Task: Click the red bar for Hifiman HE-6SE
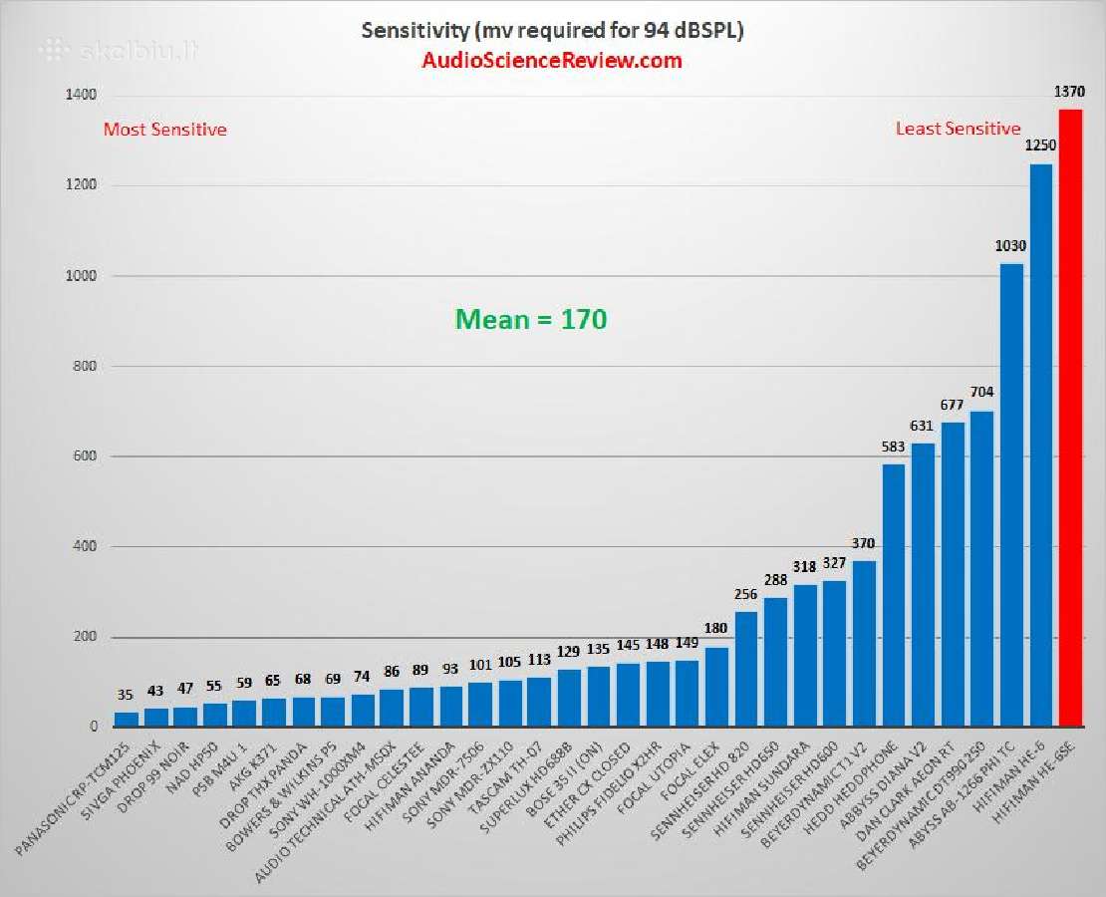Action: (1070, 419)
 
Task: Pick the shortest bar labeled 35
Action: (127, 720)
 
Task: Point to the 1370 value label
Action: (1070, 93)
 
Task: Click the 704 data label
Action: (981, 393)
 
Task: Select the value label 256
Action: (746, 595)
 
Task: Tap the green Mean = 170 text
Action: (531, 319)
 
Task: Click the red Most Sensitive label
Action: (165, 130)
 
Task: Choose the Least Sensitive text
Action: (958, 129)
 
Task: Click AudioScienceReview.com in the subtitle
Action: (552, 61)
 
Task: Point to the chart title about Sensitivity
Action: (552, 31)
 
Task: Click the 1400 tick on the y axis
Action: (82, 95)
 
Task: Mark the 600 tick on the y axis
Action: (86, 456)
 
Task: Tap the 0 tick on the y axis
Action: (93, 728)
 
